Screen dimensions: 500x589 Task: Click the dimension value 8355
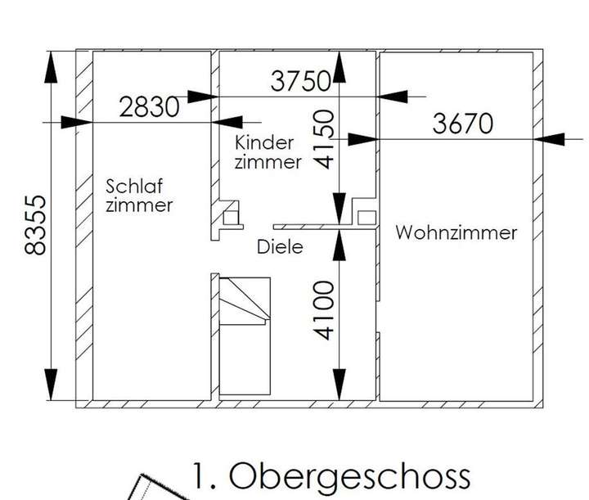coord(35,225)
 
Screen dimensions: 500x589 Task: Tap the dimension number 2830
coord(149,107)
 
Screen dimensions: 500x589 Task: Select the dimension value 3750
coord(300,81)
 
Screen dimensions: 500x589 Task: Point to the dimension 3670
coord(464,124)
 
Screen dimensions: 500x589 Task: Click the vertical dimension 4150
coord(325,139)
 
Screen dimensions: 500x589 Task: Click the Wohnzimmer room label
coord(456,232)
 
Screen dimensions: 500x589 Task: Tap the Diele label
coord(279,245)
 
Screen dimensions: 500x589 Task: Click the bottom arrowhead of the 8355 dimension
coord(51,384)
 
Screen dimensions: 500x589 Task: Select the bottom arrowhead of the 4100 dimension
coord(337,384)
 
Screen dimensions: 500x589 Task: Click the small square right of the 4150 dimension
coord(366,217)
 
